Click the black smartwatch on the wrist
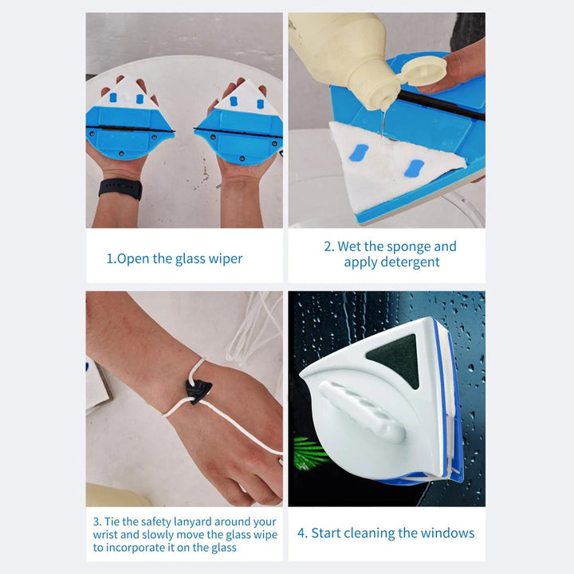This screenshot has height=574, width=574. pos(120,189)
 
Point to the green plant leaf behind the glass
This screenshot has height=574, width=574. pos(310,453)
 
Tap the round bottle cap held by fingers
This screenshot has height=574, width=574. pos(423,70)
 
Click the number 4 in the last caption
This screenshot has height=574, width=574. pos(301,533)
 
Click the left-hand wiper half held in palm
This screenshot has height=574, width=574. pos(129,120)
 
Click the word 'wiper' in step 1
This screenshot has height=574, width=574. pos(225,258)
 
